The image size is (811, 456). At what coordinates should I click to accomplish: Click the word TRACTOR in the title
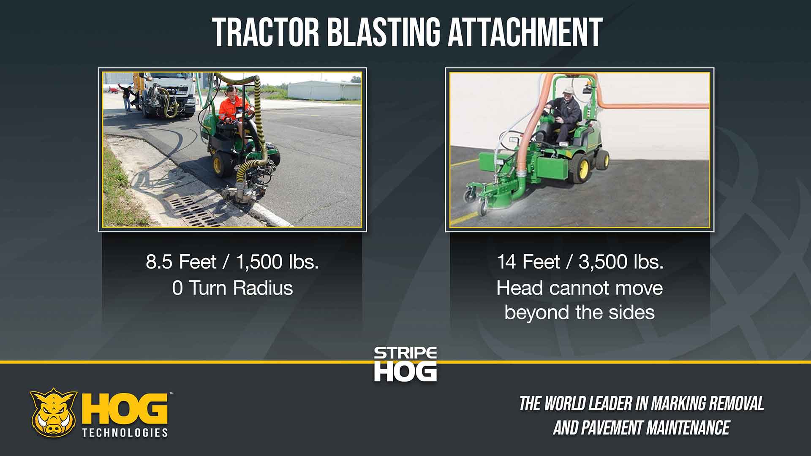266,32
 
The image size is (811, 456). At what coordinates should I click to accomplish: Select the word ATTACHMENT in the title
525,32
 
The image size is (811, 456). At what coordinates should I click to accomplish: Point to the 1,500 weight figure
259,262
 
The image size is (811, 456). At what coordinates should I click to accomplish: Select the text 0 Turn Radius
232,288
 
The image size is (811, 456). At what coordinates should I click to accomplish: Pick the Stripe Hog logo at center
405,364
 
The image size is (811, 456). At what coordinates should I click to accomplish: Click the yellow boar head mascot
54,413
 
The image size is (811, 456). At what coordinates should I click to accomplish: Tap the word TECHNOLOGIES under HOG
125,433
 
